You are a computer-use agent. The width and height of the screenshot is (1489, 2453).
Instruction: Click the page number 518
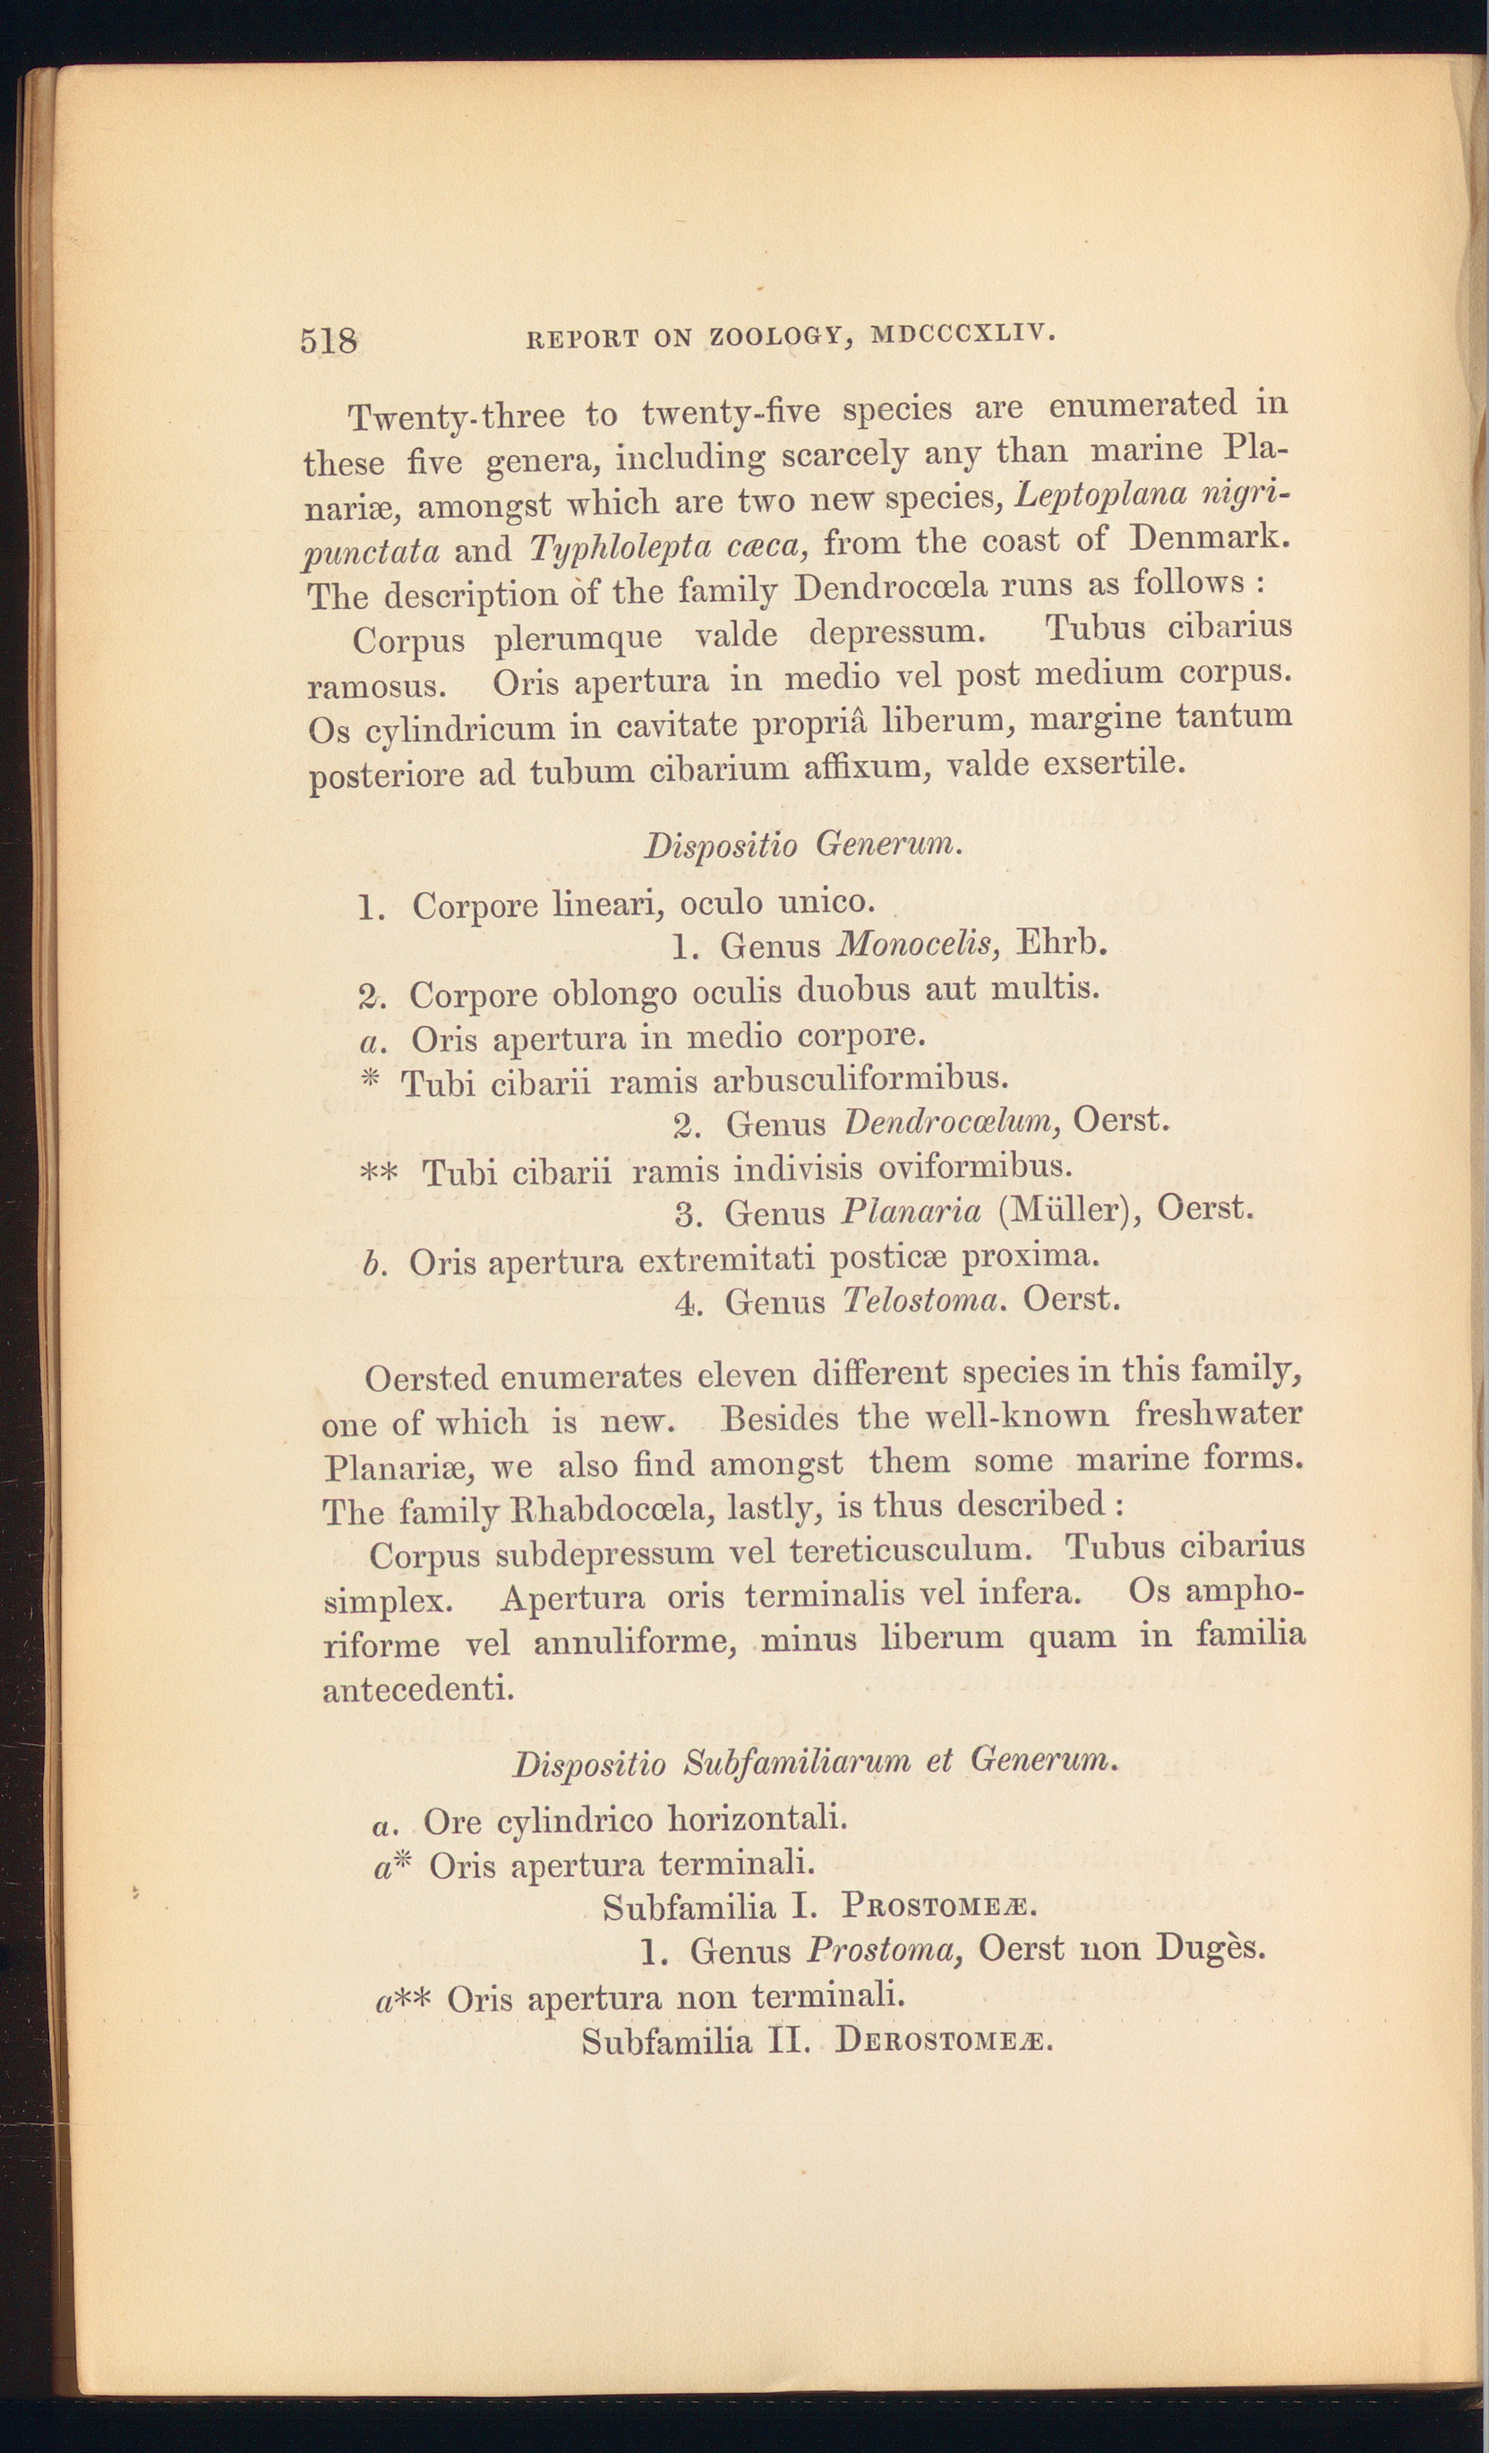coord(328,340)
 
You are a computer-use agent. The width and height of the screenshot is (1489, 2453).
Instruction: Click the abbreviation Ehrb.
coord(1064,940)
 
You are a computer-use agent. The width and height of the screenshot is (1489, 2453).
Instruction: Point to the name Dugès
coord(1211,1946)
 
